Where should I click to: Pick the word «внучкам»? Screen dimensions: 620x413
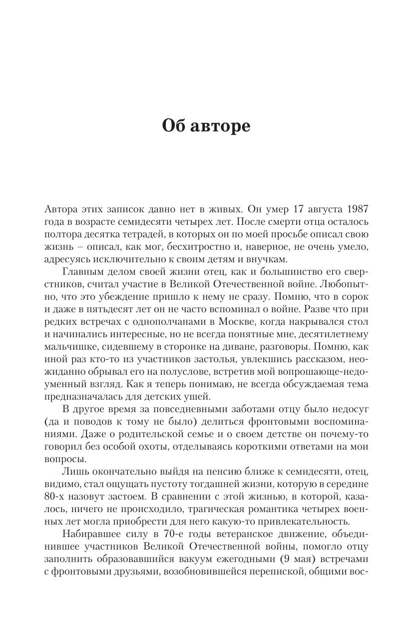click(x=267, y=260)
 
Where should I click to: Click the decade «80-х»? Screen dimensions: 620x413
click(x=56, y=498)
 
